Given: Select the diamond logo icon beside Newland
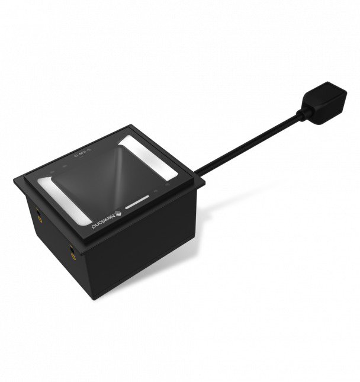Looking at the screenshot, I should click(x=118, y=210).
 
